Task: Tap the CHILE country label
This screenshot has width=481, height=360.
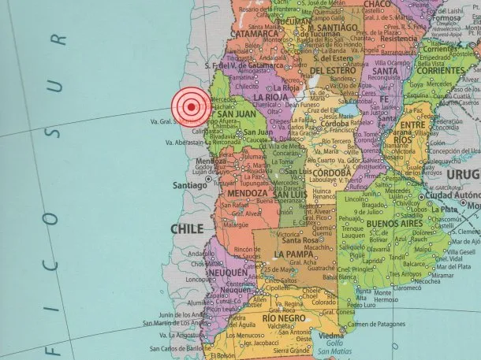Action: (x=188, y=229)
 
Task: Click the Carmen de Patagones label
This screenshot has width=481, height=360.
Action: (x=371, y=324)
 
